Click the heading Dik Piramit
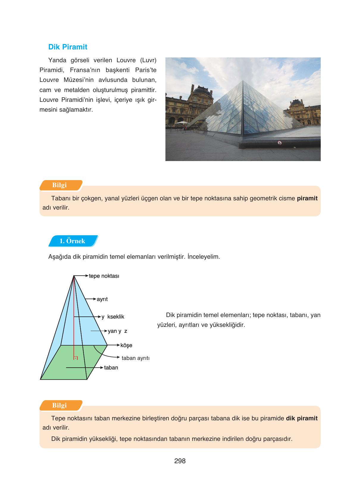click(68, 47)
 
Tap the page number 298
click(180, 461)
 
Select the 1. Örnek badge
click(72, 241)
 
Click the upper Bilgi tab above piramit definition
click(60, 185)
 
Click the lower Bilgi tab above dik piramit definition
click(60, 405)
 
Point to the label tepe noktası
click(104, 276)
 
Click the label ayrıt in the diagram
click(102, 299)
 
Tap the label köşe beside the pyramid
click(126, 345)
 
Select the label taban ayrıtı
click(135, 358)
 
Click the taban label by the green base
click(111, 368)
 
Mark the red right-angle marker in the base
click(76, 358)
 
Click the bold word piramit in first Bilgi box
click(307, 198)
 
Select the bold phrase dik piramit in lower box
click(301, 418)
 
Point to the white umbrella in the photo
click(181, 122)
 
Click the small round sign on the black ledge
click(279, 143)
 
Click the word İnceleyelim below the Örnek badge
click(204, 257)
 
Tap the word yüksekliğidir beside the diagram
click(227, 325)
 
